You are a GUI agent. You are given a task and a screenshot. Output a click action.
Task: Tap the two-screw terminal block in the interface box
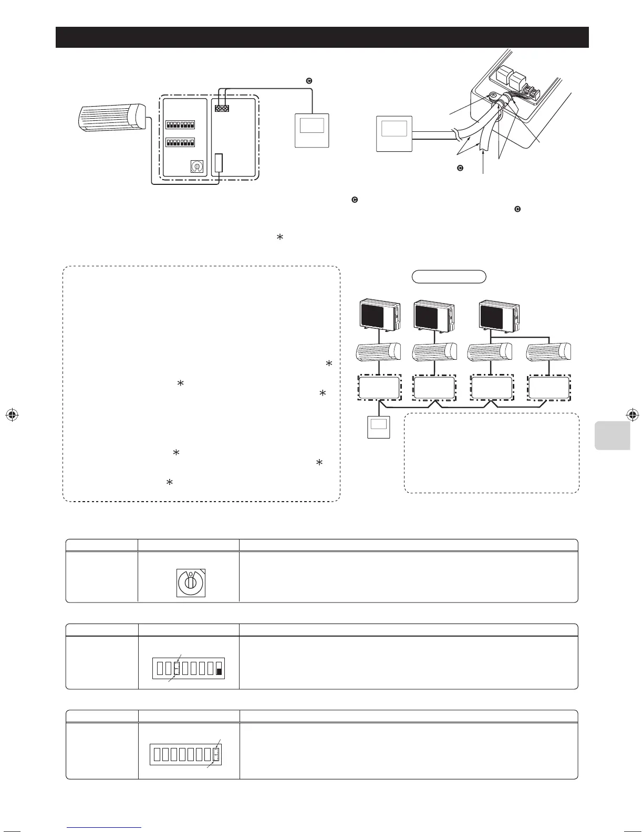coord(222,108)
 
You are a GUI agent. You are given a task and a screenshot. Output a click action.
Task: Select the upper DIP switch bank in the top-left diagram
coord(180,125)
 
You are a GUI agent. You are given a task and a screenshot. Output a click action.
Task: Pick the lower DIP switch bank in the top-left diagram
coord(180,142)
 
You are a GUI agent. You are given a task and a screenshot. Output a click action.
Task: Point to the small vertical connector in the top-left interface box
coord(219,163)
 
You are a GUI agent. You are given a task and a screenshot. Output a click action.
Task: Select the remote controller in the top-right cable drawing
coord(394,133)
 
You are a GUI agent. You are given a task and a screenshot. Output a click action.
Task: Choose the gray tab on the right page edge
coord(612,435)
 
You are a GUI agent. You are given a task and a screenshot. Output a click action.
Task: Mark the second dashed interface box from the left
coord(434,388)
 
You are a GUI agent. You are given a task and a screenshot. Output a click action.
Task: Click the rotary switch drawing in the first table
coord(190,583)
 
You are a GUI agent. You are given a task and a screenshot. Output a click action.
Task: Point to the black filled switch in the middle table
coord(219,670)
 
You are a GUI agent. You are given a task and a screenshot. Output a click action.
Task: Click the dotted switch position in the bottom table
coord(216,754)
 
